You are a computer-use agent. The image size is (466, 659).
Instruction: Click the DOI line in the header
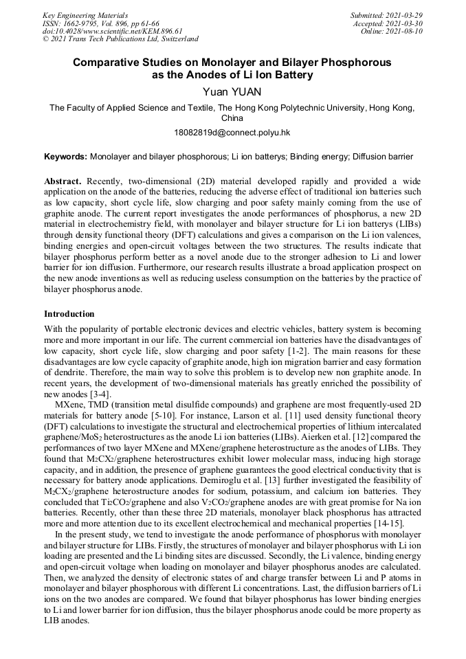pyautogui.click(x=113, y=31)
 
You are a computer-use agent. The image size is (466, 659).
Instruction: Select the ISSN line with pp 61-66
pyautogui.click(x=100, y=23)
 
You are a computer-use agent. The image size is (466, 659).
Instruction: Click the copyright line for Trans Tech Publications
pyautogui.click(x=120, y=39)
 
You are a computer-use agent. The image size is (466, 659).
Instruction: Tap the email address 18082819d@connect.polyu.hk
pyautogui.click(x=232, y=132)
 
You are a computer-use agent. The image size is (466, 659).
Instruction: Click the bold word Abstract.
pyautogui.click(x=63, y=181)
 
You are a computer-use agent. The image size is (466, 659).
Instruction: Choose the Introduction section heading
pyautogui.click(x=69, y=314)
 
